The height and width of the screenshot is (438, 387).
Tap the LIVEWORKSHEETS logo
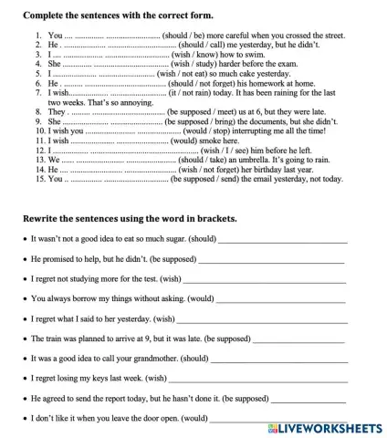pos(325,428)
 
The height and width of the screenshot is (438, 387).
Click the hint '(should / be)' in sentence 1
pos(184,34)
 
